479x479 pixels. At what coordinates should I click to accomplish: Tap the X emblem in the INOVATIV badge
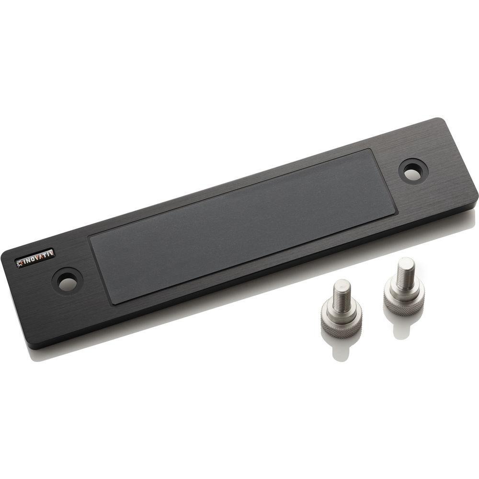pyautogui.click(x=21, y=262)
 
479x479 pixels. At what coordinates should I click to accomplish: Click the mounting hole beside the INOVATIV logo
pyautogui.click(x=67, y=281)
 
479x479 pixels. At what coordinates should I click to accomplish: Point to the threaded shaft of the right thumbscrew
pyautogui.click(x=405, y=273)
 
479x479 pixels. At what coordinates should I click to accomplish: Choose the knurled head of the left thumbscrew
pyautogui.click(x=341, y=324)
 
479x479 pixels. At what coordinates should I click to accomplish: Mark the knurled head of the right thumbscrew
pyautogui.click(x=404, y=300)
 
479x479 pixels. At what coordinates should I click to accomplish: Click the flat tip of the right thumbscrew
pyautogui.click(x=406, y=261)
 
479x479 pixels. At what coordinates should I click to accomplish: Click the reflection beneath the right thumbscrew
pyautogui.click(x=401, y=326)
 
